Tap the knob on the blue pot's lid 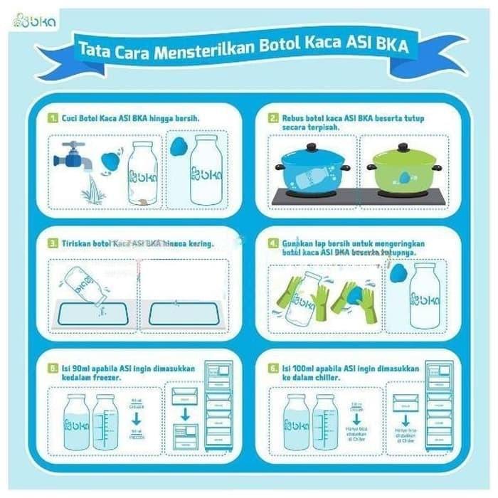pyautogui.click(x=312, y=147)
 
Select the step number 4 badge pyautogui.click(x=272, y=243)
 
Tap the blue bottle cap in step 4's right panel pyautogui.click(x=399, y=272)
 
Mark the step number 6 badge pyautogui.click(x=272, y=369)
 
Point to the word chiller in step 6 pyautogui.click(x=344, y=378)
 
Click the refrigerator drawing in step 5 pyautogui.click(x=218, y=406)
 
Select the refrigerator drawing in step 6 pyautogui.click(x=438, y=406)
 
